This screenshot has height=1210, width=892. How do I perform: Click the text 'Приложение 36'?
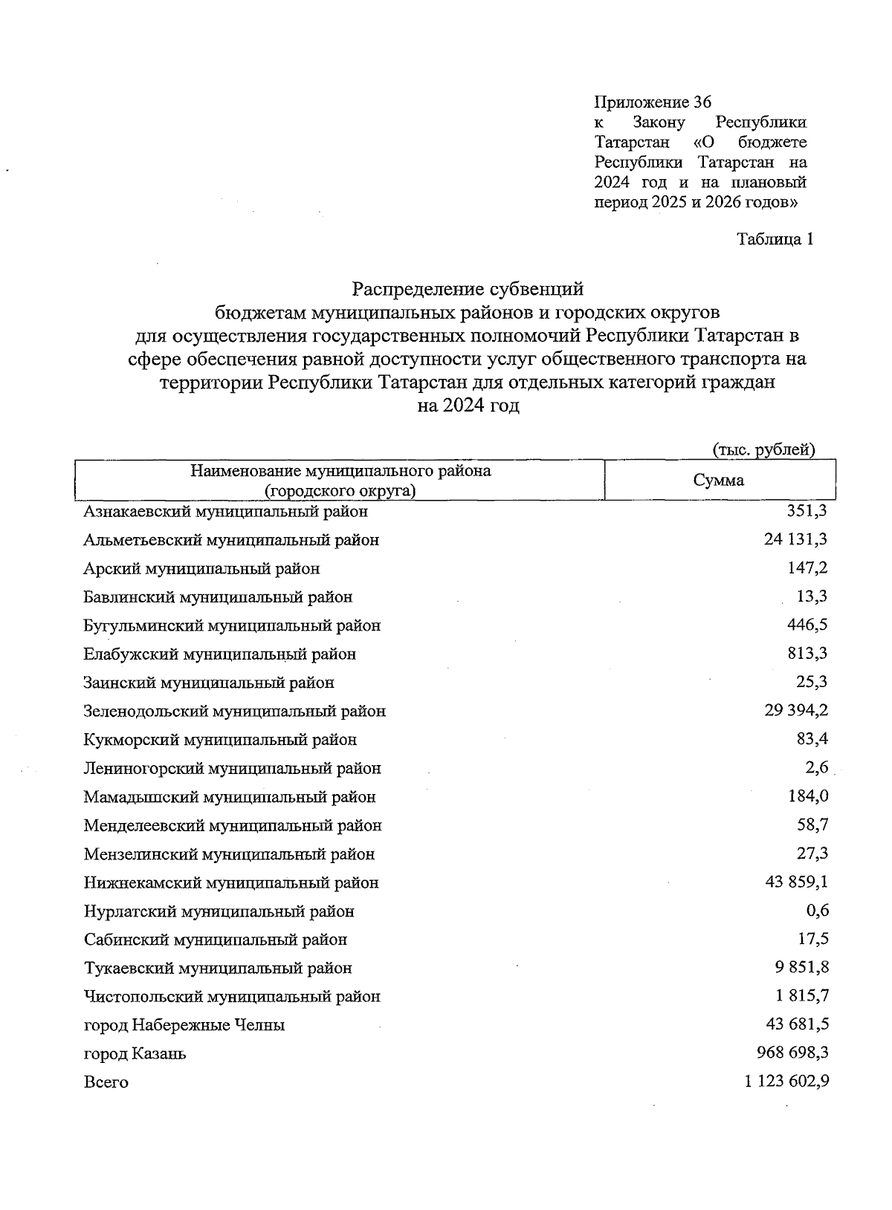point(653,102)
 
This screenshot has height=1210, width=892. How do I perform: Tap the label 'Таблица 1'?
point(775,239)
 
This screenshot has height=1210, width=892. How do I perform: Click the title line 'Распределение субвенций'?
point(468,287)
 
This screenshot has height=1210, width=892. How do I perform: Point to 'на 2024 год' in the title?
point(468,406)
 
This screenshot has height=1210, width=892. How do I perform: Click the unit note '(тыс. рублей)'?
point(764,449)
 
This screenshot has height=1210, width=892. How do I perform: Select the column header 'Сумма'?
point(718,480)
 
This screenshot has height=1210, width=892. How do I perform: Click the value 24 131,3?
point(795,539)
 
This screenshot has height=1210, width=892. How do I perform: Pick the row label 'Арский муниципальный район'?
point(202,568)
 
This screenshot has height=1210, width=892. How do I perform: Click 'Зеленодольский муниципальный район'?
point(235,711)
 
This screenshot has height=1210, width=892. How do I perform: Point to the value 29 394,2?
point(796,710)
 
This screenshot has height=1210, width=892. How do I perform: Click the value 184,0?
point(808,796)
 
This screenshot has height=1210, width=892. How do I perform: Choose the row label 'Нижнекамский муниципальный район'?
point(231,882)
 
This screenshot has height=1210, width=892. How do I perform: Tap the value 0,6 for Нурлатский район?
point(817,911)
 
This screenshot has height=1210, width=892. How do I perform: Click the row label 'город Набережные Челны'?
point(184,1025)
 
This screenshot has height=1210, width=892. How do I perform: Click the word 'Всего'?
point(106,1082)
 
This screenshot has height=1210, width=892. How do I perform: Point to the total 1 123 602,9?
point(786,1081)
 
